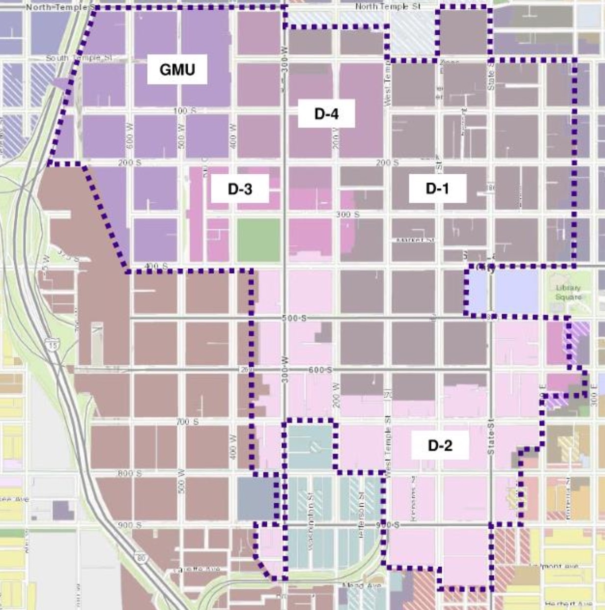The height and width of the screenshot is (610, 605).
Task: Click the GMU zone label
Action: [x=177, y=70]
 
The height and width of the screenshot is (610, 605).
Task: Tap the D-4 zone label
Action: [x=326, y=114]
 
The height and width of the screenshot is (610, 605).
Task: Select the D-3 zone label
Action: [x=240, y=188]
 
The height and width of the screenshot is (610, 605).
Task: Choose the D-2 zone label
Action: [x=440, y=445]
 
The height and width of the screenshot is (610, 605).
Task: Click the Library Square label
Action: [x=568, y=292]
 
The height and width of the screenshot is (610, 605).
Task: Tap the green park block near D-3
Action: [x=258, y=240]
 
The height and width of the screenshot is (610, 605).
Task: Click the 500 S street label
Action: [x=294, y=318]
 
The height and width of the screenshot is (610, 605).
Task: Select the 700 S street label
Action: [x=187, y=422]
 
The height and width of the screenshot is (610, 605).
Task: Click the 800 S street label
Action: [x=129, y=473]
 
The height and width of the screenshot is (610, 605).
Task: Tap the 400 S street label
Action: [x=156, y=266]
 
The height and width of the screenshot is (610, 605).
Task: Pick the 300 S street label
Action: [x=348, y=214]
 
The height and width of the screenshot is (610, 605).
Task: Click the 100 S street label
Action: [x=184, y=111]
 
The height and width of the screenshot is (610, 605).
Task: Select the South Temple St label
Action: [x=79, y=58]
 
